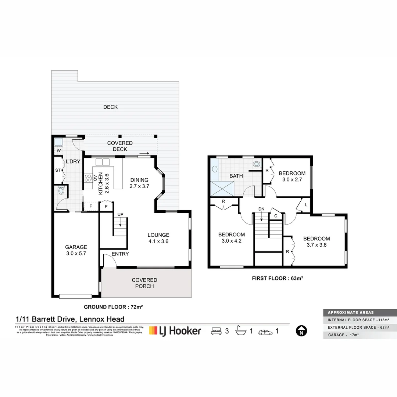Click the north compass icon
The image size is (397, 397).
301,331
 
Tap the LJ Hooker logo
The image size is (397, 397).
175,331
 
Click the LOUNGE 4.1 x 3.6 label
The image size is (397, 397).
158,238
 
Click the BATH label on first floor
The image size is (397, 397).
236,176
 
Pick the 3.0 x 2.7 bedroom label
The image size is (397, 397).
292,176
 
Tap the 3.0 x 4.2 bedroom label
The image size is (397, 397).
232,238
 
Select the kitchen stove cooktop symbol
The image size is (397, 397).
89,178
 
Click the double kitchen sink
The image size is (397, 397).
103,162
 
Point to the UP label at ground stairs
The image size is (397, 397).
120,214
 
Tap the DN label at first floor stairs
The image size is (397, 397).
261,209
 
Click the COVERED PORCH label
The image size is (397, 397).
144,283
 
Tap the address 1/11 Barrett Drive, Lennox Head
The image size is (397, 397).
70,319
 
